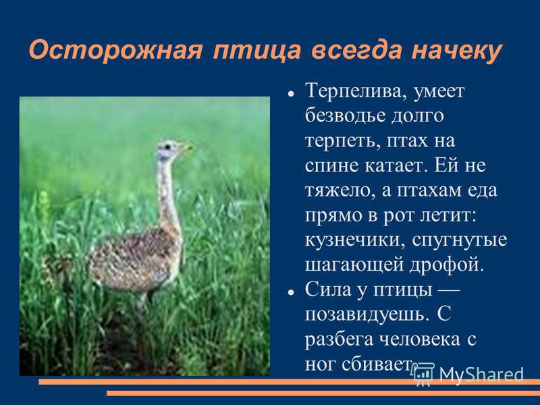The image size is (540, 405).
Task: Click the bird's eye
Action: pyautogui.click(x=167, y=146)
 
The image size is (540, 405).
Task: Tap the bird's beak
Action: pyautogui.click(x=188, y=148)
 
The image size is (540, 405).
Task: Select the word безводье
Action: pyautogui.click(x=345, y=116)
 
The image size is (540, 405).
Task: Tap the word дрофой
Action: pyautogui.click(x=447, y=265)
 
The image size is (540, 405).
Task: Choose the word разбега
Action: pyautogui.click(x=339, y=340)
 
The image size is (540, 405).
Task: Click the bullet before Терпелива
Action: pyautogui.click(x=291, y=94)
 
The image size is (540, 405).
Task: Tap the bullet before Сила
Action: pyautogui.click(x=291, y=292)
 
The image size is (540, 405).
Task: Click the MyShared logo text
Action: pyautogui.click(x=481, y=375)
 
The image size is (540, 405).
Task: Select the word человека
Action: pyautogui.click(x=420, y=340)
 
